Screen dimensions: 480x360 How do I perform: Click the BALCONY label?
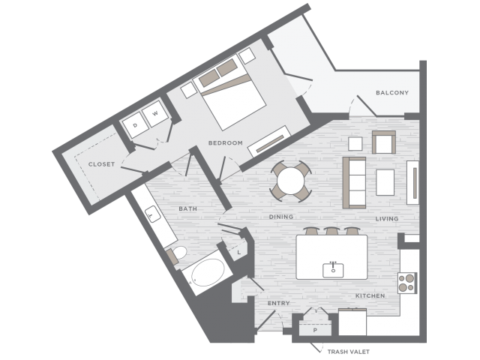coord(392,92)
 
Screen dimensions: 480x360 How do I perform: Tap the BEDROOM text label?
coord(225,143)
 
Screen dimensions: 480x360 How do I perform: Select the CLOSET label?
coord(102,164)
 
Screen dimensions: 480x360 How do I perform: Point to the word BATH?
coord(187,208)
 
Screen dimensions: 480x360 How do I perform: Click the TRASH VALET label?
coord(348,352)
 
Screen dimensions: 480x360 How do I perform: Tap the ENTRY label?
coord(278,303)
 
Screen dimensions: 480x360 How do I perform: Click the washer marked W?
coord(155,113)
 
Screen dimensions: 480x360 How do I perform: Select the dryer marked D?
coord(135,125)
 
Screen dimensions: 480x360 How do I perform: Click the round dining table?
coord(291,181)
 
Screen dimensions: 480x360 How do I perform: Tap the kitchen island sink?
coord(333,270)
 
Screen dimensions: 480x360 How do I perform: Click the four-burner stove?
coord(407,283)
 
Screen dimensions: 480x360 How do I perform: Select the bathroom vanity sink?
coord(152,214)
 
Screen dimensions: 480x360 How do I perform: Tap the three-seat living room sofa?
coord(354,183)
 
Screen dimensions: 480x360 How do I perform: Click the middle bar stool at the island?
coord(331,231)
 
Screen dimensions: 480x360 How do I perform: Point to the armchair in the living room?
coord(384,142)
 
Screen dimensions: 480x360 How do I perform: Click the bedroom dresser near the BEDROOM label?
coord(269,142)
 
